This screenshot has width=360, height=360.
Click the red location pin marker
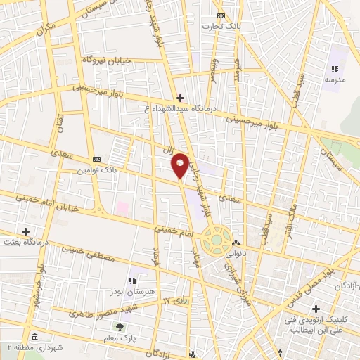[x=181, y=165]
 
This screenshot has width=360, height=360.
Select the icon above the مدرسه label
[x=335, y=69]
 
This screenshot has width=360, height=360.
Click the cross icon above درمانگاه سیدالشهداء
[x=180, y=98]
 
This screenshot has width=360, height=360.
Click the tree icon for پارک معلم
[x=119, y=327]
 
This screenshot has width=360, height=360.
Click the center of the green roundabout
[x=215, y=240]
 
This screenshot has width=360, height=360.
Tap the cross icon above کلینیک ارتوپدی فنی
[x=316, y=309]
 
